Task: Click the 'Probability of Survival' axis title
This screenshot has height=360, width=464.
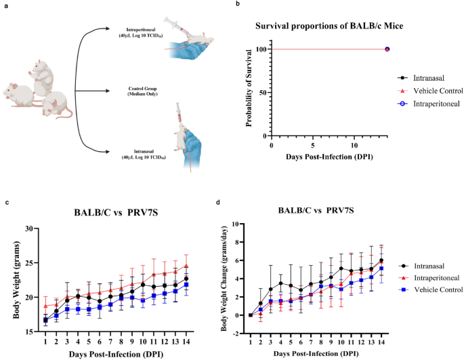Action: (x=242, y=91)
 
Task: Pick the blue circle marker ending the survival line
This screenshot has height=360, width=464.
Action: (x=387, y=49)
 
